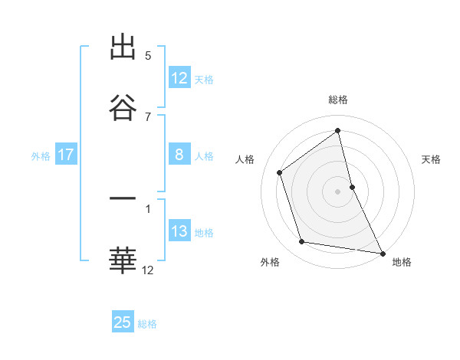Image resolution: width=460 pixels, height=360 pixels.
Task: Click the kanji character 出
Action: [x=123, y=47]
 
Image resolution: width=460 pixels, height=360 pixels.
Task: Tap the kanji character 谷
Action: [x=123, y=107]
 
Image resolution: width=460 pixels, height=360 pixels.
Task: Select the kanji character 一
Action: [x=123, y=200]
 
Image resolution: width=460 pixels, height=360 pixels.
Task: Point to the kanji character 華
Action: [x=123, y=260]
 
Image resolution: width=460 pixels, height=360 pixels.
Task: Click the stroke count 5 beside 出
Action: [x=148, y=56]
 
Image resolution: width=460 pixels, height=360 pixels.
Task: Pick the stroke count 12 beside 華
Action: [x=148, y=270]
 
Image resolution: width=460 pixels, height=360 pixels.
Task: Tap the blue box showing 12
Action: [x=179, y=78]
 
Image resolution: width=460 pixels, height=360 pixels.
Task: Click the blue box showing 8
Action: [x=179, y=155]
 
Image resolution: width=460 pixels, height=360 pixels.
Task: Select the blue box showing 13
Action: [x=179, y=231]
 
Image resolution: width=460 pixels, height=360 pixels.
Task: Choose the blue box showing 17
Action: [x=66, y=155]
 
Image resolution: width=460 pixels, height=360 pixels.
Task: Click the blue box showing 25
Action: [x=123, y=322]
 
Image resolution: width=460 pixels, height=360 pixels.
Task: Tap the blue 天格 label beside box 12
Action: [x=204, y=79]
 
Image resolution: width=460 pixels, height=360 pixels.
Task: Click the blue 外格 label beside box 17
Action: [x=41, y=155]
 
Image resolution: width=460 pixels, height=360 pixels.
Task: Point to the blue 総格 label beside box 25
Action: [x=147, y=323]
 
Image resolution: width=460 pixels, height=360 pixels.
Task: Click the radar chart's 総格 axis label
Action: [x=338, y=100]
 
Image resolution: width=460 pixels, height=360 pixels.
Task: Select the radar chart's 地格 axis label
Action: [x=402, y=262]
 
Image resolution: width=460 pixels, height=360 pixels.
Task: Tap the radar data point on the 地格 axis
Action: [x=382, y=253]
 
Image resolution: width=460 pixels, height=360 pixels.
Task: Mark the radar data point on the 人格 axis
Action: [x=280, y=172]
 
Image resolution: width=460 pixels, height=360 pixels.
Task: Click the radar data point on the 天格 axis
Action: [x=352, y=186]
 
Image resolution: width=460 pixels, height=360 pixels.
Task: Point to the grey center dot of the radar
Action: [x=338, y=191]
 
